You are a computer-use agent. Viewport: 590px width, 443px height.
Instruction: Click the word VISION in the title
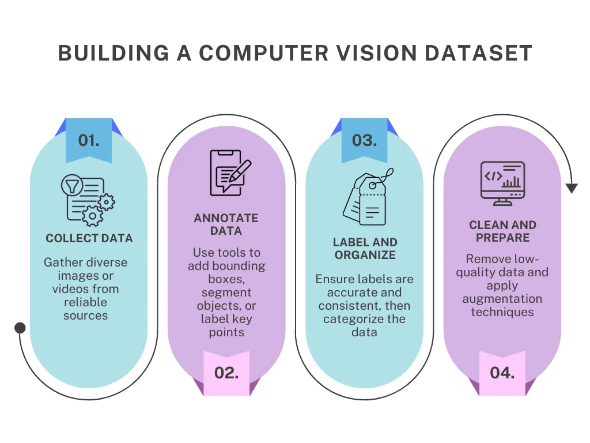click(376, 52)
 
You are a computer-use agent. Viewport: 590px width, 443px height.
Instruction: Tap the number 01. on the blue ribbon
click(89, 141)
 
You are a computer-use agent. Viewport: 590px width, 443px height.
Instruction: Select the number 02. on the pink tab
click(226, 373)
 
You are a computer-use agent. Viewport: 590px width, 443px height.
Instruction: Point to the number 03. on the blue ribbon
click(364, 141)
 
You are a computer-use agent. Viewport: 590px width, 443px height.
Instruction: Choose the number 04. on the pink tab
click(502, 373)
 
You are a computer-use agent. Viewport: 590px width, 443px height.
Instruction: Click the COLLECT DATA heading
click(89, 238)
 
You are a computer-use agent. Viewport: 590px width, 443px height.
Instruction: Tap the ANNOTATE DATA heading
click(226, 224)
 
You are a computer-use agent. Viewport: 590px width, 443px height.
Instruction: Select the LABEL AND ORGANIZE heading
click(365, 249)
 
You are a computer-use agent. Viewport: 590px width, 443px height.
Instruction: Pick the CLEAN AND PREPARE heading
click(502, 231)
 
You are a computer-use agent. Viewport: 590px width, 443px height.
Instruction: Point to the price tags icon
click(368, 197)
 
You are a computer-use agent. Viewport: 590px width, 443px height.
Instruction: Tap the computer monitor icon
click(502, 183)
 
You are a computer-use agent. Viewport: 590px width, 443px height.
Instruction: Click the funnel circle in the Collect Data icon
click(72, 185)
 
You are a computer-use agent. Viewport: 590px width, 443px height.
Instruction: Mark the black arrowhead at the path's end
click(572, 189)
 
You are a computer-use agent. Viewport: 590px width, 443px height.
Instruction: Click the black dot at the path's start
click(20, 328)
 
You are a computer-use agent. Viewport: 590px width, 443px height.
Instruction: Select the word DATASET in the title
click(479, 52)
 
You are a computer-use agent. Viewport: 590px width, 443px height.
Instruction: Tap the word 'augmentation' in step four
click(502, 299)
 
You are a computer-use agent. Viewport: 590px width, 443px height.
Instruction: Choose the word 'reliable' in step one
click(85, 302)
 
